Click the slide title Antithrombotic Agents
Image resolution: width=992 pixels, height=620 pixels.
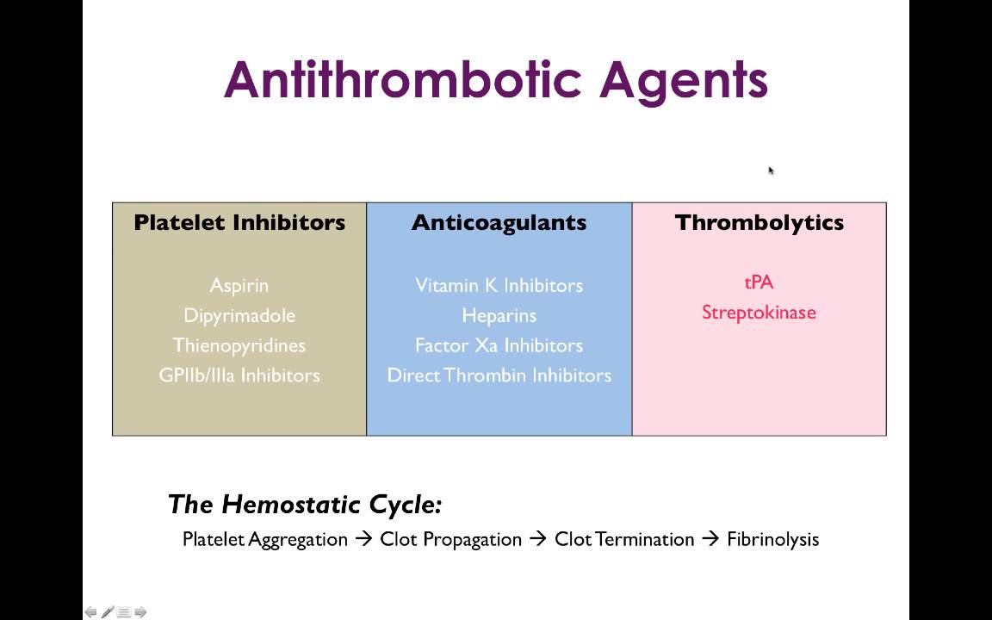point(495,80)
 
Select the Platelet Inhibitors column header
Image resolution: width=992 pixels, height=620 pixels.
point(239,222)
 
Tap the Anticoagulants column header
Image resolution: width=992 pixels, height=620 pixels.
point(499,222)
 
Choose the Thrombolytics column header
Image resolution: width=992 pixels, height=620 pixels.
point(759,222)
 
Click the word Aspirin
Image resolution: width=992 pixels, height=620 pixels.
point(239,285)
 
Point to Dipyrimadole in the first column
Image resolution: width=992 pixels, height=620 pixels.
point(239,315)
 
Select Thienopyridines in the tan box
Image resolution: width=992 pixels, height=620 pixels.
point(239,345)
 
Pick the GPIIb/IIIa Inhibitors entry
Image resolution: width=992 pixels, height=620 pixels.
point(239,375)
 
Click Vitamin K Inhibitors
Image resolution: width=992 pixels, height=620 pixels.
point(499,285)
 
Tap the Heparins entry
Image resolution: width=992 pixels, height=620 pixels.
point(499,315)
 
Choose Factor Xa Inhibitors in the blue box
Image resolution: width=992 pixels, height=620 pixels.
point(499,345)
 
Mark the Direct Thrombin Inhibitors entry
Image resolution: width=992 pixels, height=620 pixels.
point(499,375)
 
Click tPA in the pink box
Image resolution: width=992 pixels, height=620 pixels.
point(759,282)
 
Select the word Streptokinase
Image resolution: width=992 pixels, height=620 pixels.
point(759,313)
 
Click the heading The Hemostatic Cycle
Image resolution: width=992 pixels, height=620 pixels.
point(305,504)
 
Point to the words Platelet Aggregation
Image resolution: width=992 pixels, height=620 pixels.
point(265,540)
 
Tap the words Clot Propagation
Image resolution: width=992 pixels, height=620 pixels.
point(450,540)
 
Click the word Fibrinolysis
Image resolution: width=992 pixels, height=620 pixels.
point(772,540)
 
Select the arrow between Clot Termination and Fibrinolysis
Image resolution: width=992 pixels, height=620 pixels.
point(710,540)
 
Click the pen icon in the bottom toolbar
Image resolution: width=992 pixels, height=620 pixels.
point(108,612)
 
